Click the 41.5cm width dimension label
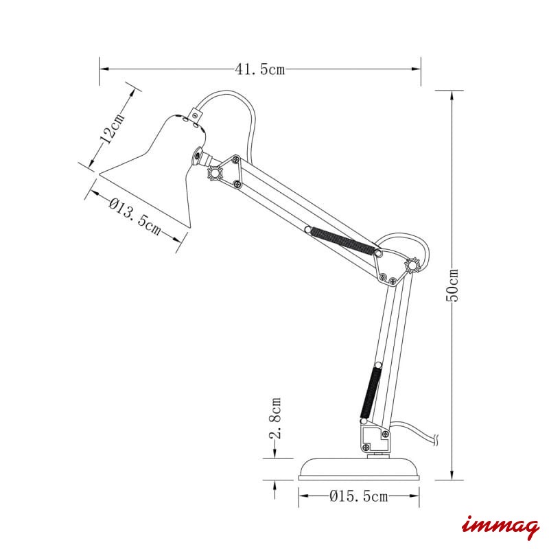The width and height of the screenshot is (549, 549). point(260,69)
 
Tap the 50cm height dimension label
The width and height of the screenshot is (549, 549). point(452,285)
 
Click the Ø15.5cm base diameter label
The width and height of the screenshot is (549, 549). point(359,496)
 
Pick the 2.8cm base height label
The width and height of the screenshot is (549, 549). point(275,418)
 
